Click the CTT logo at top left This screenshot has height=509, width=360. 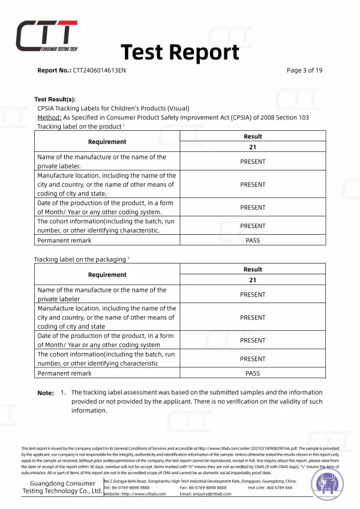[46, 35]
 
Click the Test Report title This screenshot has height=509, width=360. [180, 52]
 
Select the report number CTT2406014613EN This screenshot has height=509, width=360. [100, 70]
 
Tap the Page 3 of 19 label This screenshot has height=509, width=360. [305, 70]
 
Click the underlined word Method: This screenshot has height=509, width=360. [49, 118]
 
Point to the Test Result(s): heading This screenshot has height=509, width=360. [55, 99]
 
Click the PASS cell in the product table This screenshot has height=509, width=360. [253, 240]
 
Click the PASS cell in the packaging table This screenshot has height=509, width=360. [253, 373]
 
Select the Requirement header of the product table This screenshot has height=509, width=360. [107, 142]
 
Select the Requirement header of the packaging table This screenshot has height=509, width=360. [107, 274]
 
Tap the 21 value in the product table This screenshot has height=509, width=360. [253, 147]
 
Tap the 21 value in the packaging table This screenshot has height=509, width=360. [253, 280]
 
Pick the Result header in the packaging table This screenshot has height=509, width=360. [253, 270]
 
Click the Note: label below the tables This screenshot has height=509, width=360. [46, 393]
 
